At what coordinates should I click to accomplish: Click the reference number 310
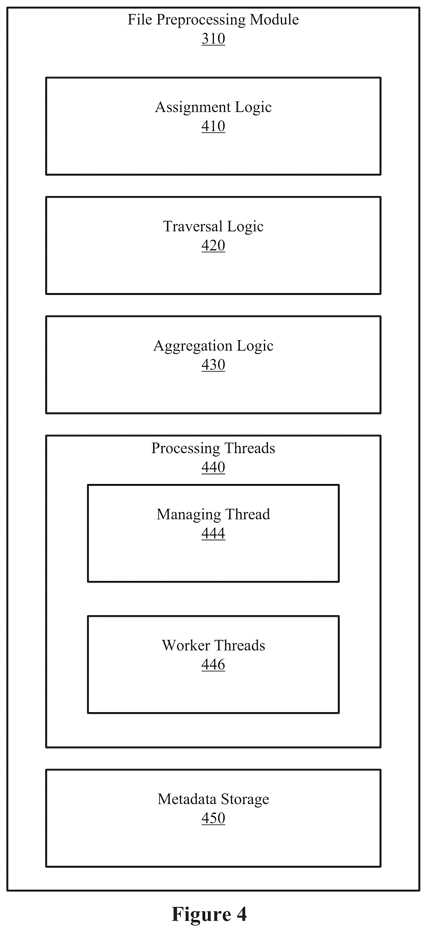pos(213,39)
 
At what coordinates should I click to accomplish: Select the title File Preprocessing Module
pos(213,20)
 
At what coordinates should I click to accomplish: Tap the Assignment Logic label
pos(213,108)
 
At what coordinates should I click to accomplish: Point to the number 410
pos(213,126)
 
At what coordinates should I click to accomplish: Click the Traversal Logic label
pos(213,227)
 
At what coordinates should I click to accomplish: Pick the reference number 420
pos(213,246)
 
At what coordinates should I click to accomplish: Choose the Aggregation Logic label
pos(213,346)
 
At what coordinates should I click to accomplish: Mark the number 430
pos(213,365)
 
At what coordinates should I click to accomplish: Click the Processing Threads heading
pos(213,449)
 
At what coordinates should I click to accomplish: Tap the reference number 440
pos(213,467)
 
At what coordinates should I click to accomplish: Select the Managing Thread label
pos(213,515)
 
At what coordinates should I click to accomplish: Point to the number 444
pos(213,533)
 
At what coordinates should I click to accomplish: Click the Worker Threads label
pos(213,645)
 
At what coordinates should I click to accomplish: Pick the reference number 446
pos(213,664)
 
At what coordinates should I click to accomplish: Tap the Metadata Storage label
pos(213,800)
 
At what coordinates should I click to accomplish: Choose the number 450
pos(213,818)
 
